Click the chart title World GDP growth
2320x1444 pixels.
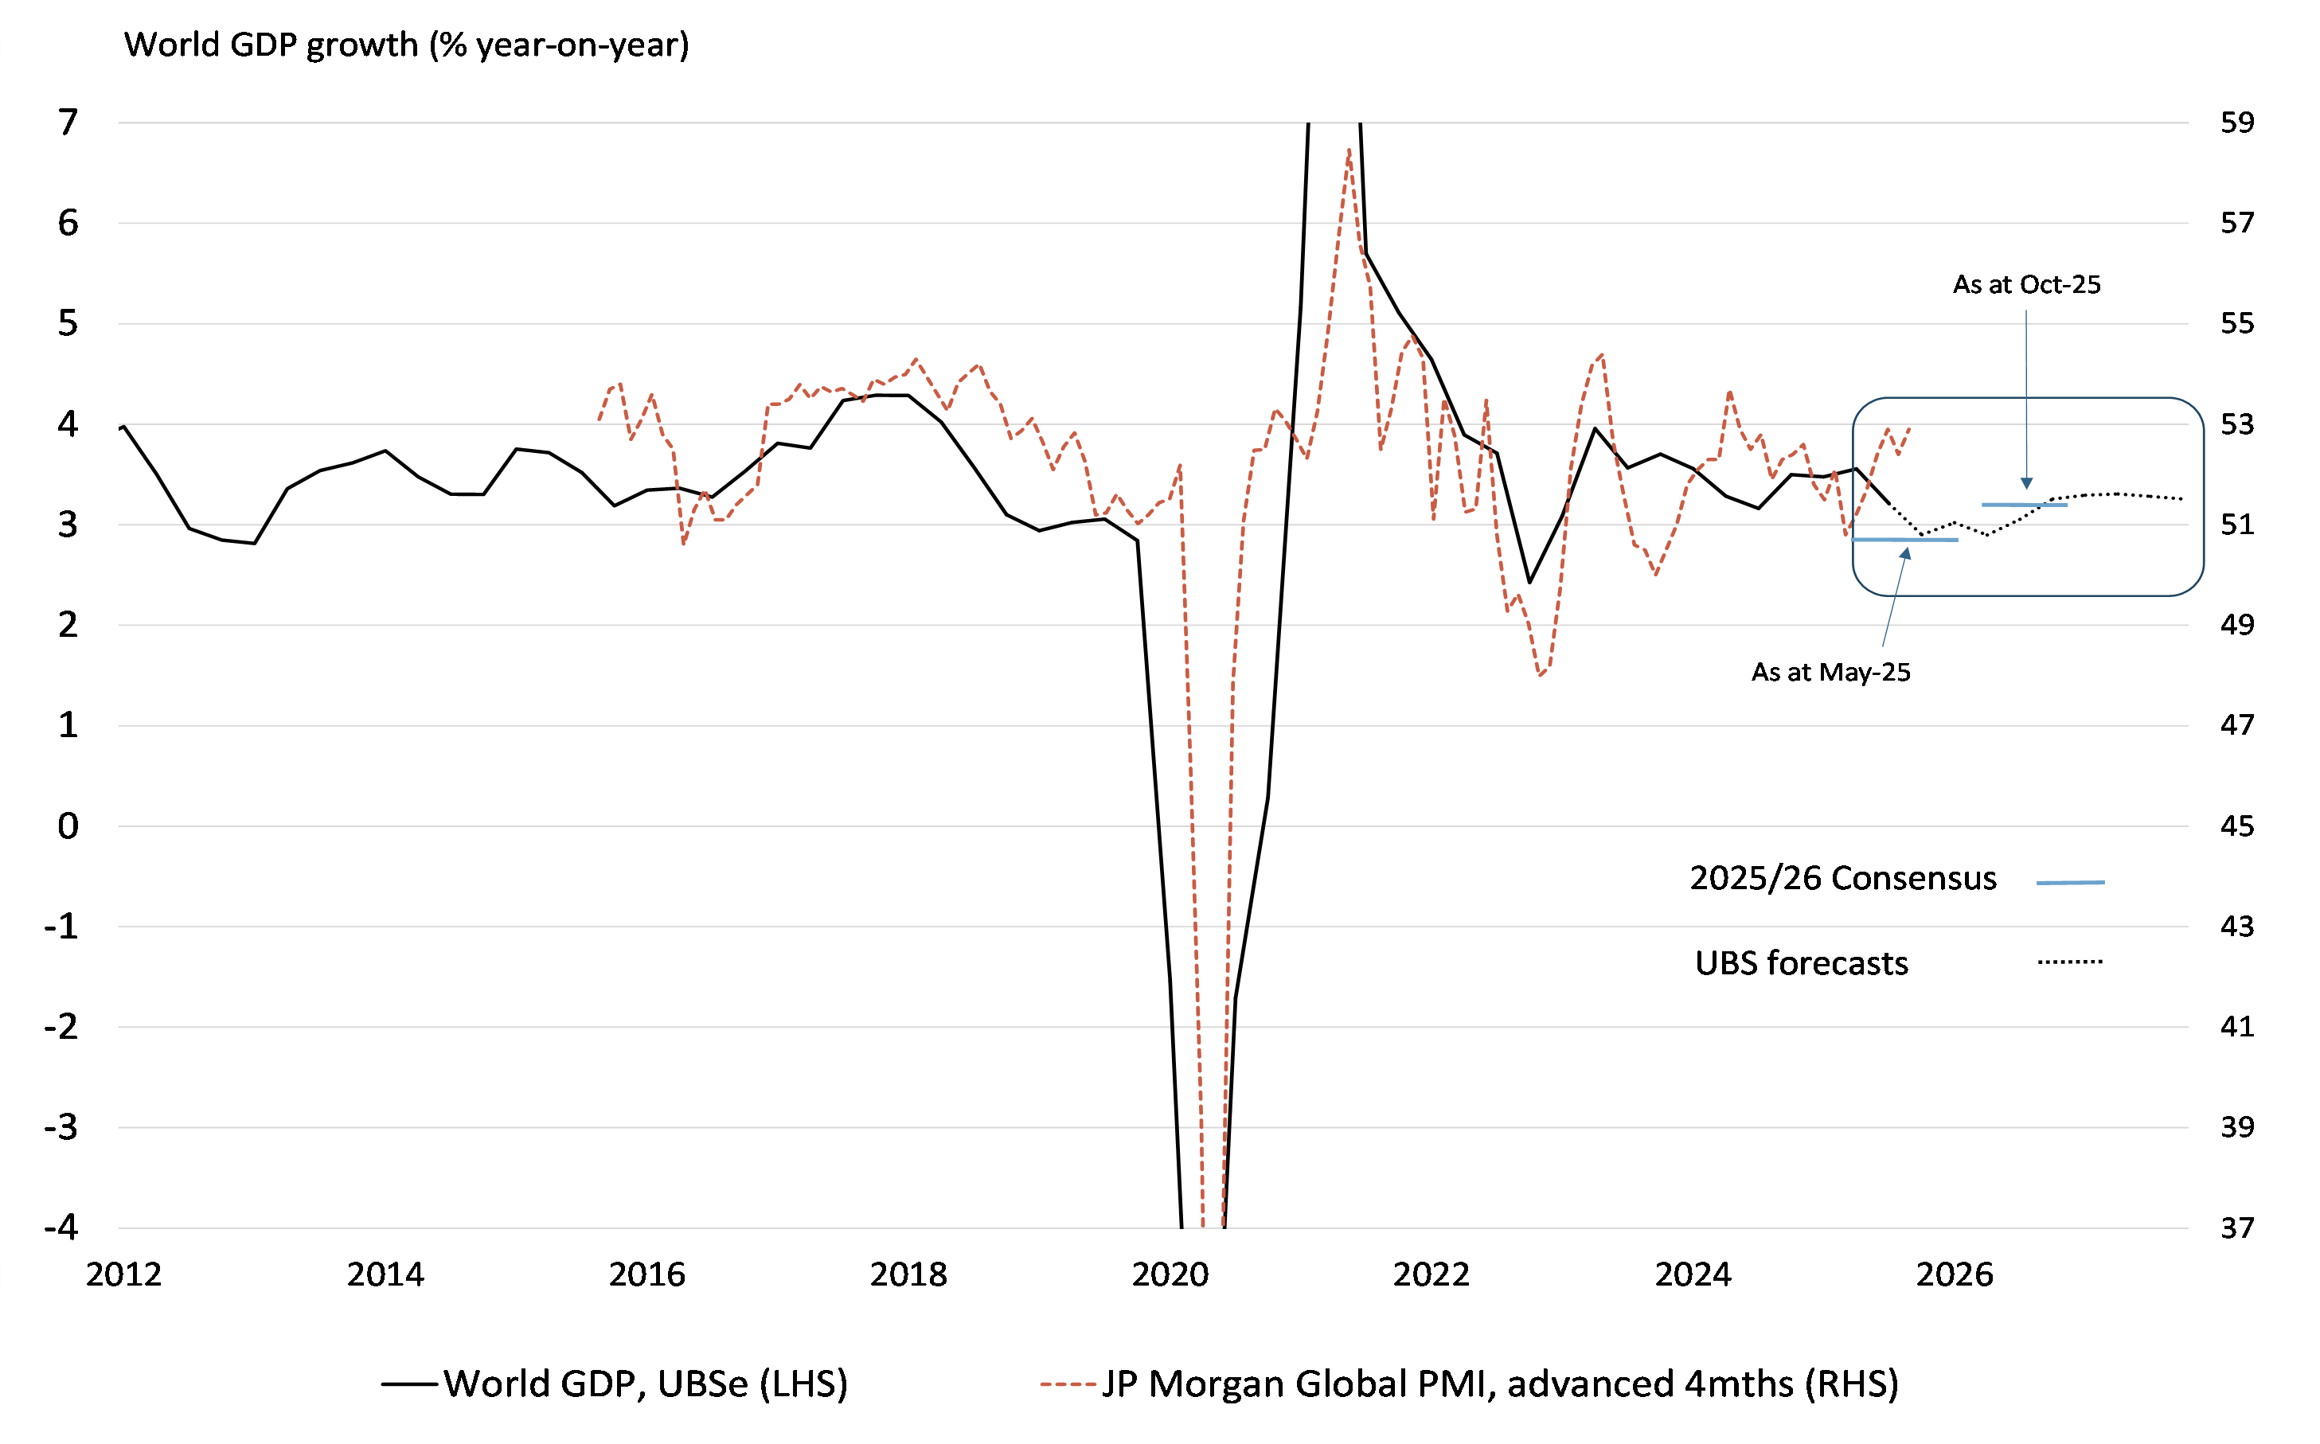(406, 45)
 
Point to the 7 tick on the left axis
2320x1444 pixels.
(68, 123)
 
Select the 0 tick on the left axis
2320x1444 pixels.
(68, 826)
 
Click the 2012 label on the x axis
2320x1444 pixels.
(124, 1274)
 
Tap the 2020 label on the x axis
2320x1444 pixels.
(1170, 1274)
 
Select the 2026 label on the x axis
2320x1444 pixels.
(1955, 1274)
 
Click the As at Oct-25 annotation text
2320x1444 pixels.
(2026, 285)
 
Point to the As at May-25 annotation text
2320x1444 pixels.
(1830, 673)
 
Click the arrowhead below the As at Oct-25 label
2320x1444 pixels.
(2027, 483)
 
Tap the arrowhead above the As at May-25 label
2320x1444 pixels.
(1905, 553)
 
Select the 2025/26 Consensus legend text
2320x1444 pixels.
(1842, 878)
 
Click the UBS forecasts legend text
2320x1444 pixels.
(1802, 962)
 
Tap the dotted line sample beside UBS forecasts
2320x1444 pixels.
(2070, 962)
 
